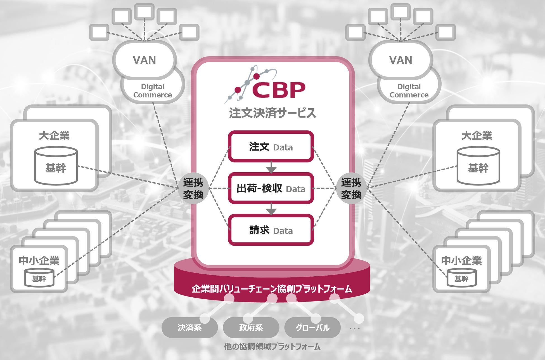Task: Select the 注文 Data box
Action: tap(271, 147)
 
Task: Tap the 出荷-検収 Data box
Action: tap(271, 188)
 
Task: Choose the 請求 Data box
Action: tap(271, 230)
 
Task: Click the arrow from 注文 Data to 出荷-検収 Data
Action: tap(271, 167)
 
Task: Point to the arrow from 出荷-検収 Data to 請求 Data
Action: tap(271, 209)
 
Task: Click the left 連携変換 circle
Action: tap(193, 189)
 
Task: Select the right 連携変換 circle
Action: tap(351, 189)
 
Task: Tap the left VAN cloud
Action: tap(144, 60)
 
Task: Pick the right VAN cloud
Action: tap(401, 60)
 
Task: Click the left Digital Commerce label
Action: tap(153, 91)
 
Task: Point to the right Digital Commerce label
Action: tap(409, 91)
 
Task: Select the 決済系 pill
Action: tap(189, 328)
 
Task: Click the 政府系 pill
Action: tap(251, 328)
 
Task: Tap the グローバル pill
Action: tap(312, 328)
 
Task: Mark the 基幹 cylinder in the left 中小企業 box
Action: tap(39, 278)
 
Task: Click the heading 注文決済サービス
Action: tap(272, 113)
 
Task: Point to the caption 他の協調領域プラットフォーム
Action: tap(272, 347)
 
